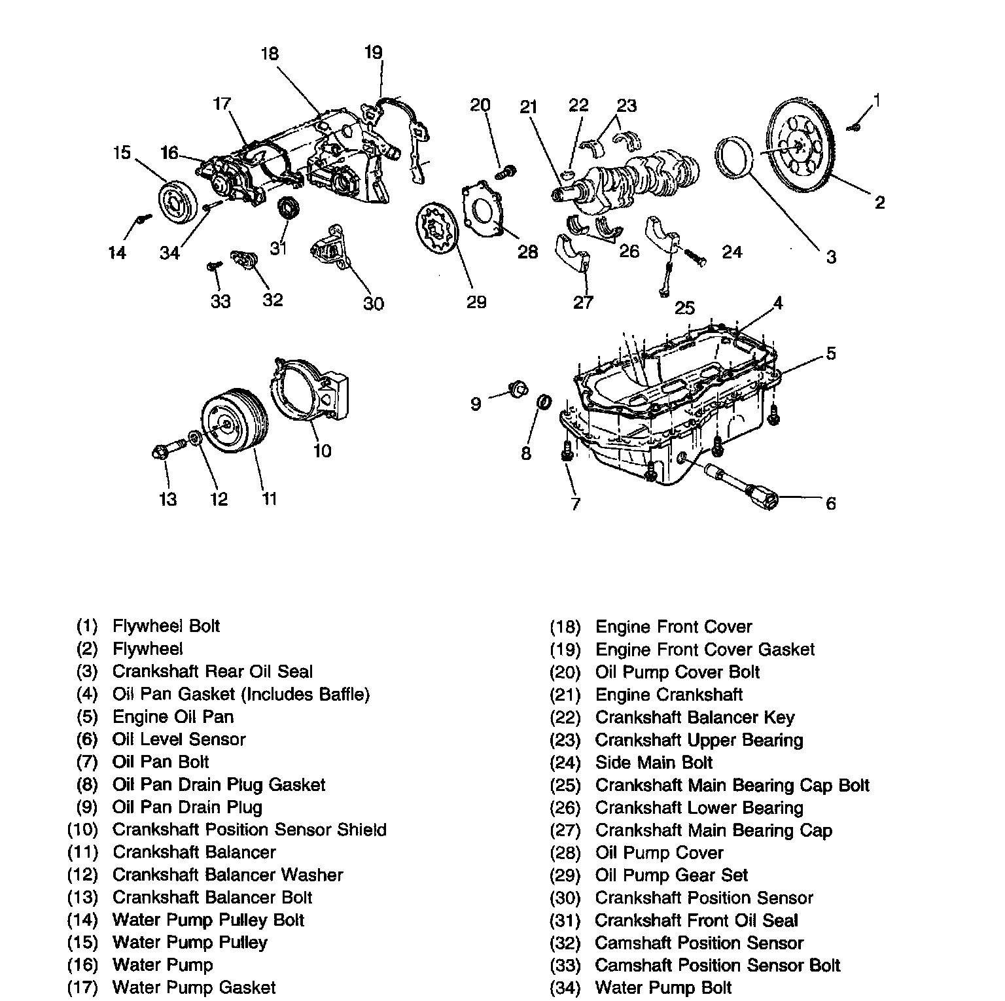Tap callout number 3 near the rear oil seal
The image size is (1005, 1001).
coord(830,257)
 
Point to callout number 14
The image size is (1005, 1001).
coord(117,253)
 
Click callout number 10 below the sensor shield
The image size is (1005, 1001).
coord(323,450)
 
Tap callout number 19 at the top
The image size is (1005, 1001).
coord(373,52)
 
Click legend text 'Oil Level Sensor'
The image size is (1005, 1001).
coord(179,739)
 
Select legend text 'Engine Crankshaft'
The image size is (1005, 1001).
coord(669,694)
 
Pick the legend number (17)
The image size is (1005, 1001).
coord(82,987)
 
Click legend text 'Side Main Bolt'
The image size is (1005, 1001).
coord(654,762)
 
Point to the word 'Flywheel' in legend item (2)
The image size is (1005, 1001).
coord(147,649)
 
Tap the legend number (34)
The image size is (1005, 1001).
coord(565,987)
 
